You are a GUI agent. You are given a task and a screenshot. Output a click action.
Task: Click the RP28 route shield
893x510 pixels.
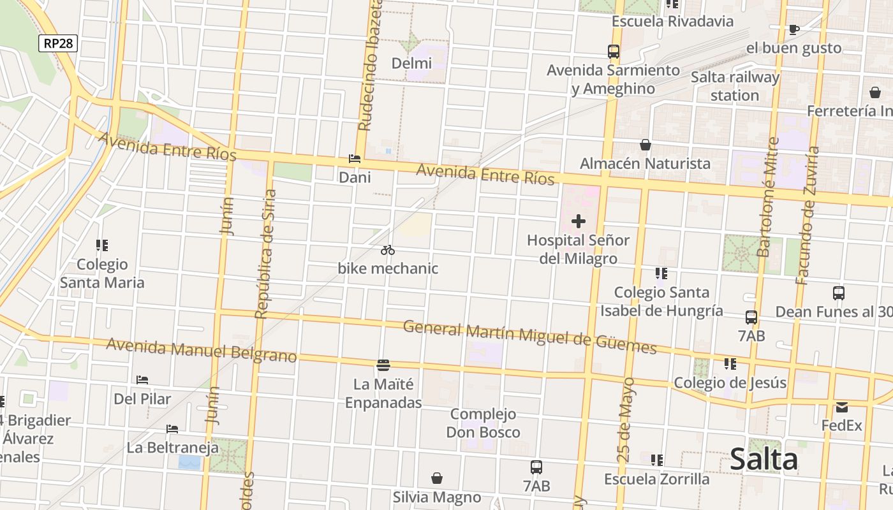click(x=58, y=43)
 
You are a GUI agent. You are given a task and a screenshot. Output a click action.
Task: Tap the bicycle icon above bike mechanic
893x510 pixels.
click(x=388, y=250)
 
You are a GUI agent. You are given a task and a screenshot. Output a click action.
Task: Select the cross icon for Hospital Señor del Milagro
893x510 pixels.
click(x=579, y=221)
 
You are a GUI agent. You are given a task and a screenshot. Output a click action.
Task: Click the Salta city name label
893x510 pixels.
click(x=764, y=459)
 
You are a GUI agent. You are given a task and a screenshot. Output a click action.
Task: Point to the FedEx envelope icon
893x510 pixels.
click(x=842, y=407)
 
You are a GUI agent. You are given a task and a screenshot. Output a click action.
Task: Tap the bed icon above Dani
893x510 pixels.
click(x=355, y=159)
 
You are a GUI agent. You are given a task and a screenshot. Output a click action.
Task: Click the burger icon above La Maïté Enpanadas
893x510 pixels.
click(x=383, y=365)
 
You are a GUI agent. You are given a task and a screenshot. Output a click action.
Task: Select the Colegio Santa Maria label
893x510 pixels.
click(x=102, y=273)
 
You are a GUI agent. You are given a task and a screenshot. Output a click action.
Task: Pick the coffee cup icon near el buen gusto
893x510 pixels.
click(x=793, y=29)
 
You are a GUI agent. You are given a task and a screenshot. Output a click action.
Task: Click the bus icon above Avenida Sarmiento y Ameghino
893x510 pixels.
click(x=614, y=52)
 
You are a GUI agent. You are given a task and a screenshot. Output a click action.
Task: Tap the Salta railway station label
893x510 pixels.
click(x=735, y=86)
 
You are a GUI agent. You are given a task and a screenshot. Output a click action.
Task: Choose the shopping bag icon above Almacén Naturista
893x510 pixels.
click(x=646, y=145)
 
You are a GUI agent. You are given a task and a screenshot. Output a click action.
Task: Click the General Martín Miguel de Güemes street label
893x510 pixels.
click(x=530, y=337)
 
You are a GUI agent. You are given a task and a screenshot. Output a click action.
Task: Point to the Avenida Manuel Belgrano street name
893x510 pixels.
click(x=202, y=350)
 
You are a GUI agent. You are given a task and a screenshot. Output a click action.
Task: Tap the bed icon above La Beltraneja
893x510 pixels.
click(x=172, y=429)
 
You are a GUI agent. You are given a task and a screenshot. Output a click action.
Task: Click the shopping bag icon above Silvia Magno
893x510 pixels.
click(x=437, y=478)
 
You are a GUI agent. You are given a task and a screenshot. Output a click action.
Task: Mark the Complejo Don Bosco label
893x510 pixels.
click(x=483, y=423)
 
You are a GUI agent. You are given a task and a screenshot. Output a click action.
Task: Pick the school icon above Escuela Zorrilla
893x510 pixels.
click(x=657, y=460)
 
